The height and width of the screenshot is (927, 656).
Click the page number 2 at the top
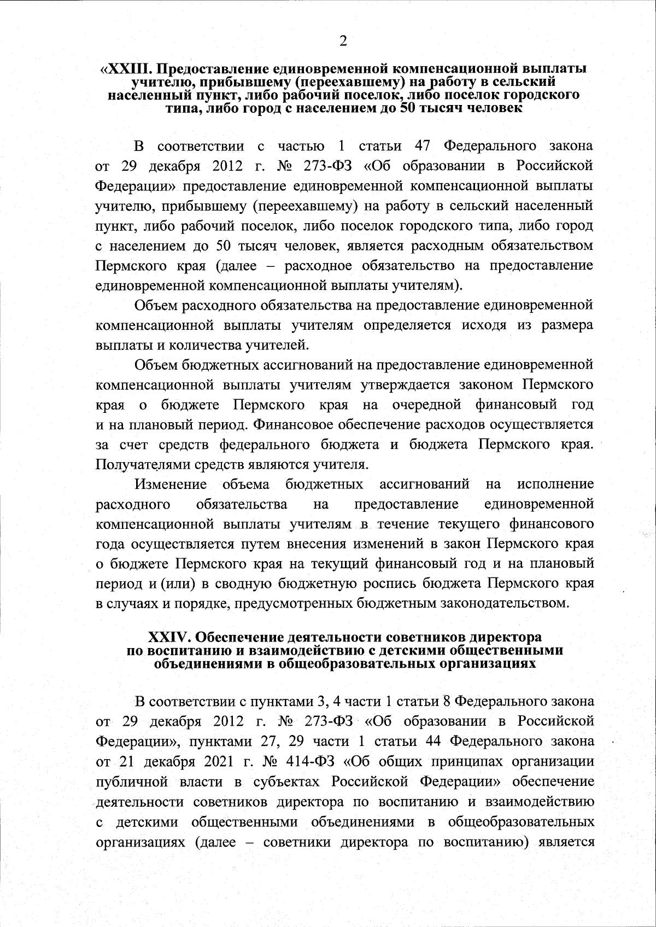click(343, 42)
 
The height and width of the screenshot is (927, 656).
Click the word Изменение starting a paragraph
click(171, 485)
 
